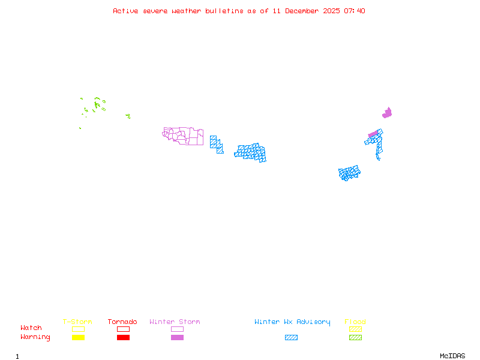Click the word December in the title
pos(302,11)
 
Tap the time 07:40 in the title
pos(355,11)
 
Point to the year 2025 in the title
pos(332,11)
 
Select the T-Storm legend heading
pos(77,322)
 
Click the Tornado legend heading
pos(122,322)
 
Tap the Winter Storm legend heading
pos(175,322)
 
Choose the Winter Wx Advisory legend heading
pos(292,322)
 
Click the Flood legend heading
pos(355,322)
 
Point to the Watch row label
pos(31,328)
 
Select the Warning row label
pos(35,337)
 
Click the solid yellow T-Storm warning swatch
pos(78,338)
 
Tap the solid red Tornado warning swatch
pos(123,338)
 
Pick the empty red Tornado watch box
pos(123,329)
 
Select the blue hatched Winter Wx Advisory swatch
pos(291,338)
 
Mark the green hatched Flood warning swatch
pos(355,338)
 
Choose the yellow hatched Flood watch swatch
pos(355,329)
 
